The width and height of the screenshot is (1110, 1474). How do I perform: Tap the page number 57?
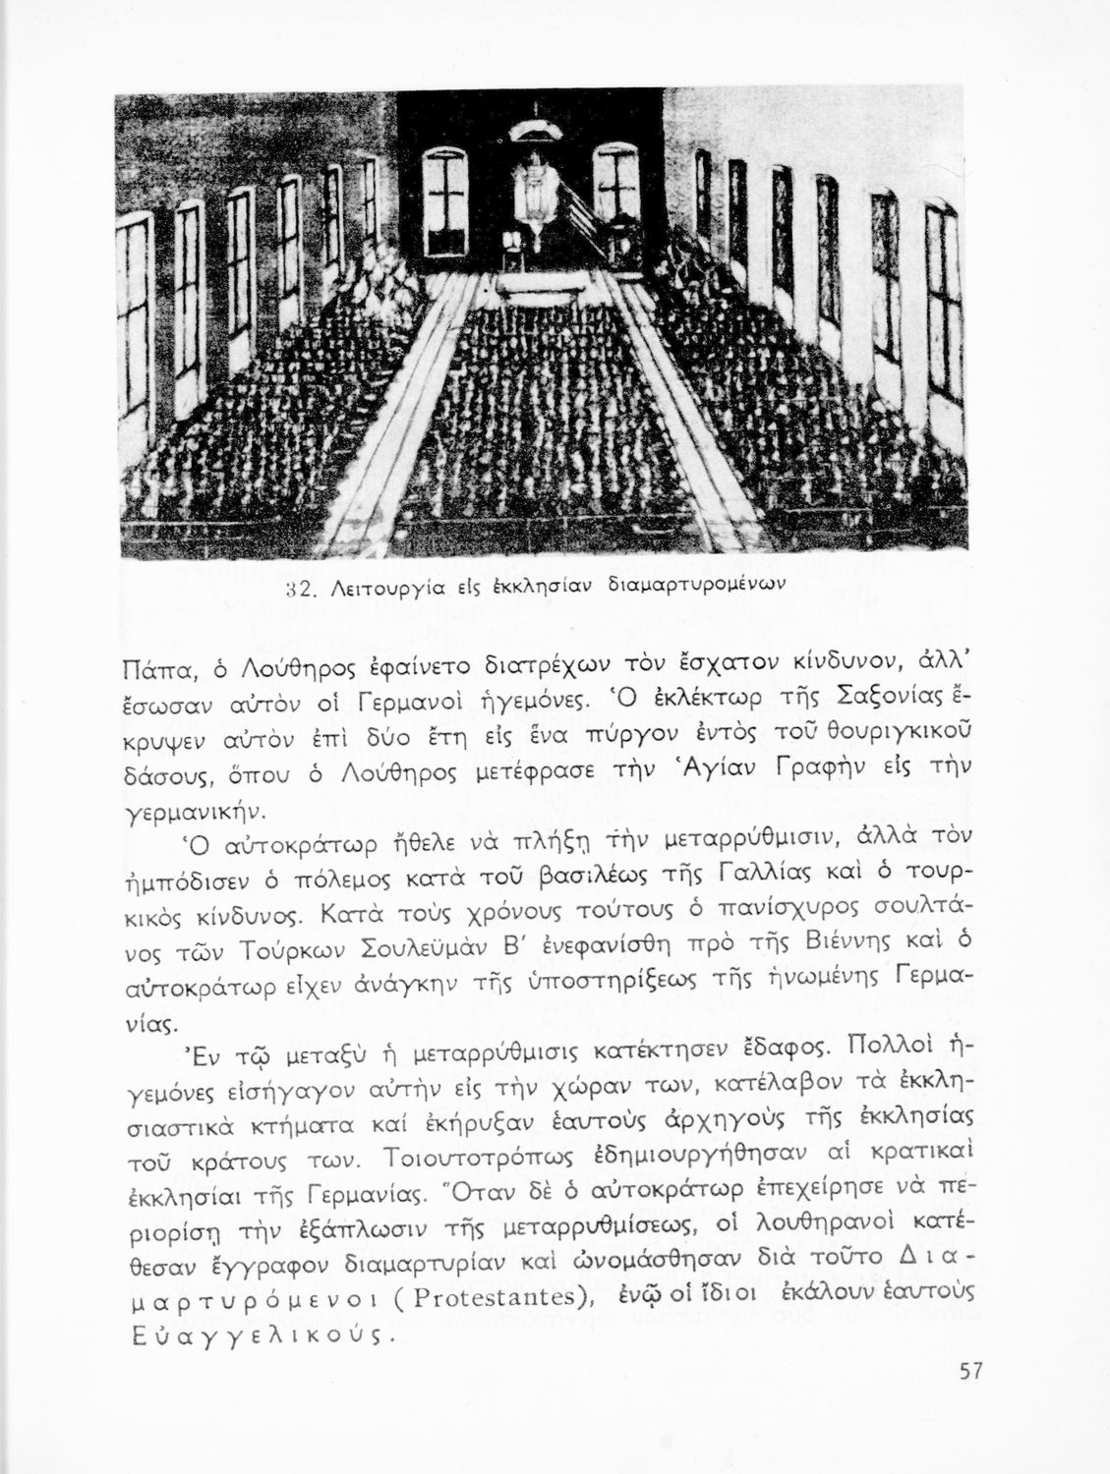970,1399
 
